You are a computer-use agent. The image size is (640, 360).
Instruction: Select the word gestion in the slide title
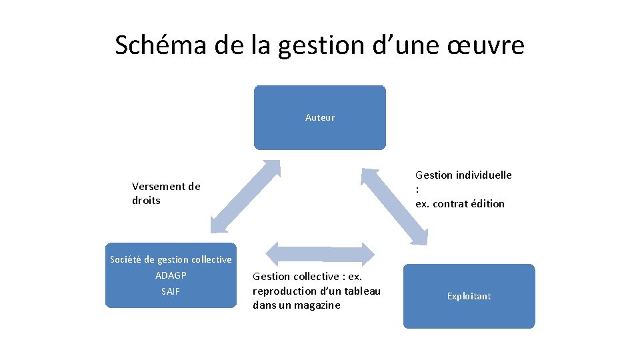coord(311,45)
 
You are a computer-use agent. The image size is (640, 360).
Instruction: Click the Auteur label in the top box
coord(320,117)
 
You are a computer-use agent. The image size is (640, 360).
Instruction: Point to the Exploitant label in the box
coord(469,296)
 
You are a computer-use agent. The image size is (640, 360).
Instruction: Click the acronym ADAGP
coord(171,275)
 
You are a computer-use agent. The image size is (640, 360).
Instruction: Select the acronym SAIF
coord(171,291)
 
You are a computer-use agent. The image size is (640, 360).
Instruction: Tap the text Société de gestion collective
coord(171,259)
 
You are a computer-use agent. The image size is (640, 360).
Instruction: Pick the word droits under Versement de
coord(146,201)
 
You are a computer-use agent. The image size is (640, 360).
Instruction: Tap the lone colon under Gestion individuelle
coord(417,189)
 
